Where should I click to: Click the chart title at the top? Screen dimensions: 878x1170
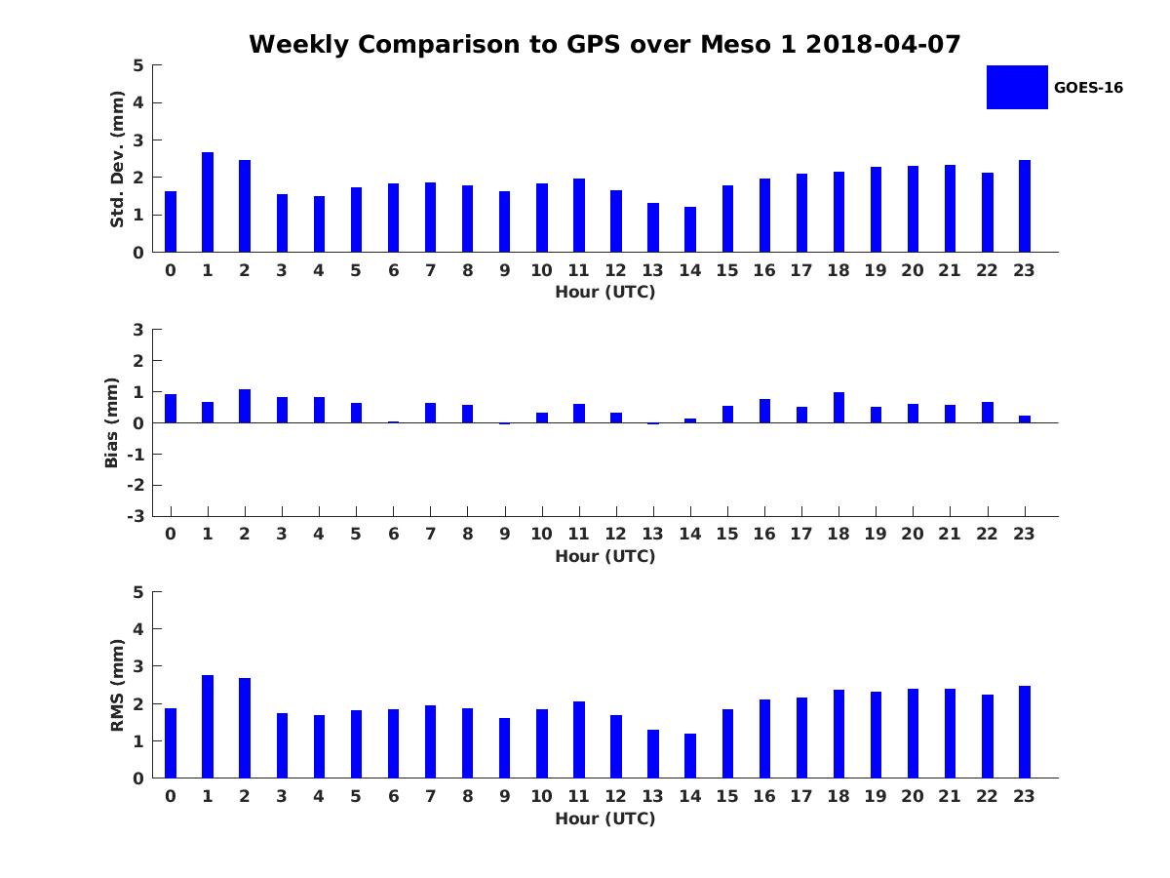604,45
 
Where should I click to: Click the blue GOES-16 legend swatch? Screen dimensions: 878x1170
1017,87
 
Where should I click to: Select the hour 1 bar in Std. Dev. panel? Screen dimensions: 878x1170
208,202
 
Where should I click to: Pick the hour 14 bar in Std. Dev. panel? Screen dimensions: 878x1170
690,229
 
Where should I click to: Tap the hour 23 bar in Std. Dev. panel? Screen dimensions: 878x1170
1025,206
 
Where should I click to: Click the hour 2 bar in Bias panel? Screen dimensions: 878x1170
245,406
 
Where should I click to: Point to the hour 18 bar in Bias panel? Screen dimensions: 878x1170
838,407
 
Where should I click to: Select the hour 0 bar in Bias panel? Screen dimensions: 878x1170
171,408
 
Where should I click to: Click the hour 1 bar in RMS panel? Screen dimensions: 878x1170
208,727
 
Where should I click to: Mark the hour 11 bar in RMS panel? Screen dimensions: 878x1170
579,739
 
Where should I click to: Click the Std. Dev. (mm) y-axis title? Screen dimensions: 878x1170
117,159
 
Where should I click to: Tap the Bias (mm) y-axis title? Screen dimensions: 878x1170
112,422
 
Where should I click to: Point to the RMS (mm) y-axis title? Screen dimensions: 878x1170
117,685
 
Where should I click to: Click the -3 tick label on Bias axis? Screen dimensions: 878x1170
137,516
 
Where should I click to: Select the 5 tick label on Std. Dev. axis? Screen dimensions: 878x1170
138,65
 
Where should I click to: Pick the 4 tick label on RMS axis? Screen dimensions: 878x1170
138,629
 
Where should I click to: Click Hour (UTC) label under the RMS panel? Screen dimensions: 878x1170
604,818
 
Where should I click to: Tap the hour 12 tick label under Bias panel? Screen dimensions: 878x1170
616,534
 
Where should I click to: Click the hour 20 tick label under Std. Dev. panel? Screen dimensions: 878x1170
913,270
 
